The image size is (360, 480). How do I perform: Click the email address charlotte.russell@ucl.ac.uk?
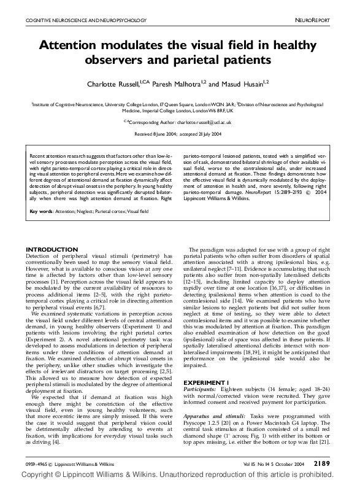point(202,123)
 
